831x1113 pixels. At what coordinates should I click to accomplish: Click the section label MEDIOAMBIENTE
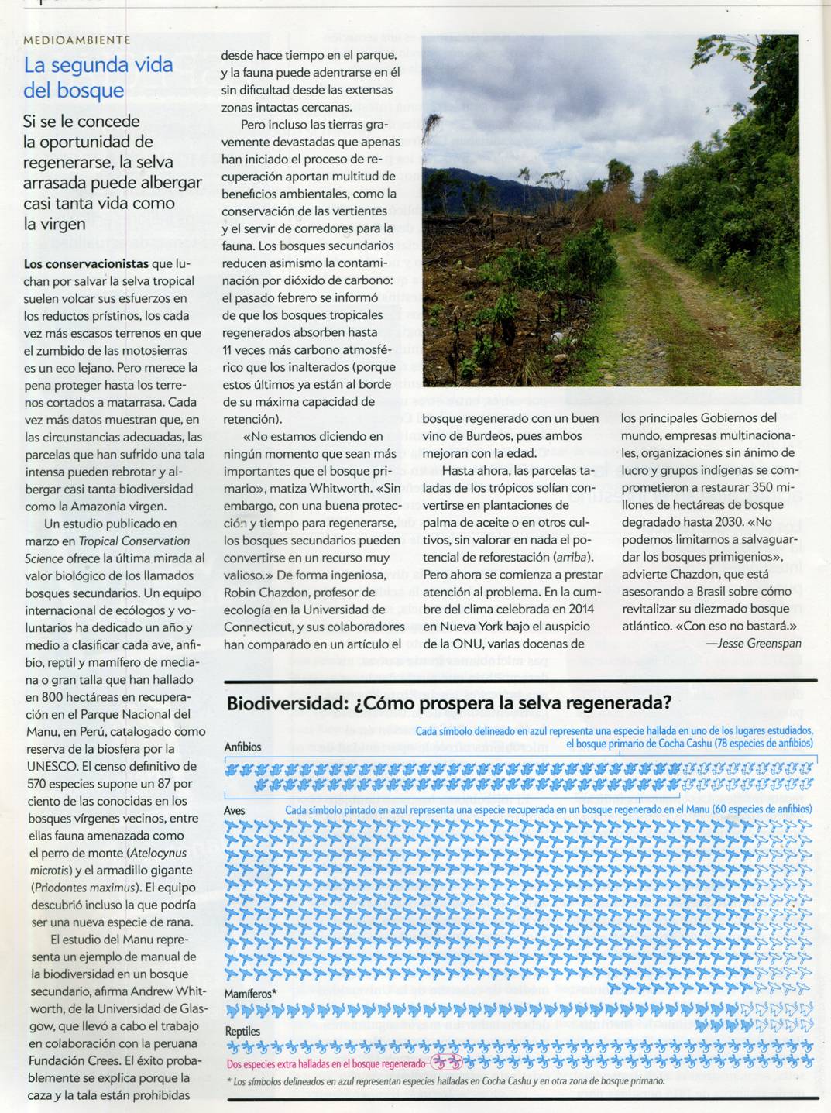pyautogui.click(x=77, y=40)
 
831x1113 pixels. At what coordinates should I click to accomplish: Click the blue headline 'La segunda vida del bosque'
pyautogui.click(x=98, y=77)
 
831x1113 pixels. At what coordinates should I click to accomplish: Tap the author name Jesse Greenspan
pyautogui.click(x=753, y=643)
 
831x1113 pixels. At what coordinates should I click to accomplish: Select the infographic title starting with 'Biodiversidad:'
pyautogui.click(x=448, y=703)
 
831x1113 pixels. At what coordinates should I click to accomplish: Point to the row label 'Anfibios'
pyautogui.click(x=243, y=747)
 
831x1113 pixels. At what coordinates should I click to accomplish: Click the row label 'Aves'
pyautogui.click(x=234, y=811)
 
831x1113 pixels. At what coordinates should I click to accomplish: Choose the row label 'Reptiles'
pyautogui.click(x=242, y=1032)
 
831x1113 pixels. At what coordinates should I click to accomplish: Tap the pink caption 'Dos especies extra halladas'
pyautogui.click(x=325, y=1064)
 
